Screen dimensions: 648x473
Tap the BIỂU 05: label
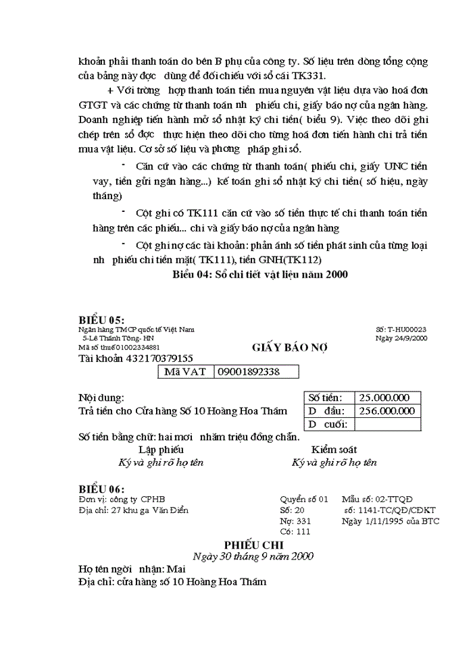coord(102,320)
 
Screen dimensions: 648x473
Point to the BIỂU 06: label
coord(102,489)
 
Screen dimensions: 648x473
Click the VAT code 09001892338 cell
coord(256,372)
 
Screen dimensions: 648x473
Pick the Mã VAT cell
coord(185,372)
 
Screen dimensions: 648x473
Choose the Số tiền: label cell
coord(326,398)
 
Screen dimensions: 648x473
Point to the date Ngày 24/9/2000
coord(401,338)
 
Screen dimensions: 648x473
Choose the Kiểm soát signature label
coord(334,450)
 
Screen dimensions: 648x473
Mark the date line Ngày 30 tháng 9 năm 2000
coord(253,556)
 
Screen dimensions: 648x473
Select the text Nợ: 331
coord(295,521)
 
